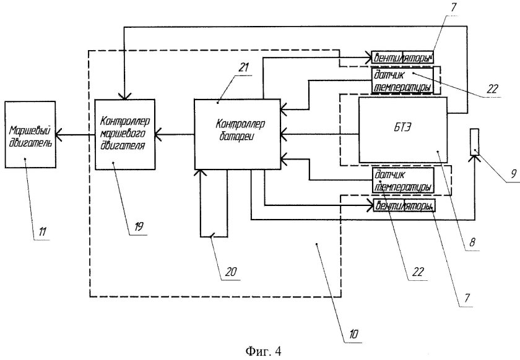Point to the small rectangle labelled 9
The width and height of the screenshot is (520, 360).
[x=474, y=141]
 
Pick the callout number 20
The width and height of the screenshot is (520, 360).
[x=230, y=270]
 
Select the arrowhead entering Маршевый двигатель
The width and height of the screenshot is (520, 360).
[x=59, y=132]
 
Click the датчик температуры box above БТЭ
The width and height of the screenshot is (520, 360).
[x=402, y=80]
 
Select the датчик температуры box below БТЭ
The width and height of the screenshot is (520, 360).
[x=402, y=181]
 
